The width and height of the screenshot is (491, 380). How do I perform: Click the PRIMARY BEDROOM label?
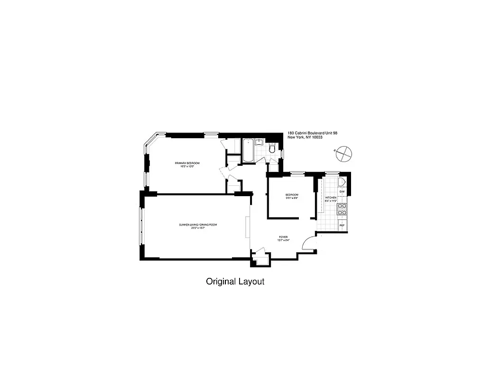(187, 163)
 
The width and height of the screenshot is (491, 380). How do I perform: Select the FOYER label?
(283, 237)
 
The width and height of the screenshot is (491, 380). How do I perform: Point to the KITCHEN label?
(331, 197)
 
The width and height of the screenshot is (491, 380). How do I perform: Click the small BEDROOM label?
(292, 195)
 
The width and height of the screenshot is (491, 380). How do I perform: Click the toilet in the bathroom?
(272, 149)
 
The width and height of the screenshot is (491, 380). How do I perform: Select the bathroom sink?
(259, 142)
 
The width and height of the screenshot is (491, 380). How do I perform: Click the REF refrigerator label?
(342, 225)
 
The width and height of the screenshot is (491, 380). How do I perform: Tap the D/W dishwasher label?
(342, 191)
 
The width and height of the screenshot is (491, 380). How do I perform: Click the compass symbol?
(343, 153)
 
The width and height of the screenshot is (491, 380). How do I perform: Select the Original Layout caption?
(235, 281)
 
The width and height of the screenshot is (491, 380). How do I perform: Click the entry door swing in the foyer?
(308, 243)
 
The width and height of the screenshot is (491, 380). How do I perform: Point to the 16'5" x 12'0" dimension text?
(187, 166)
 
